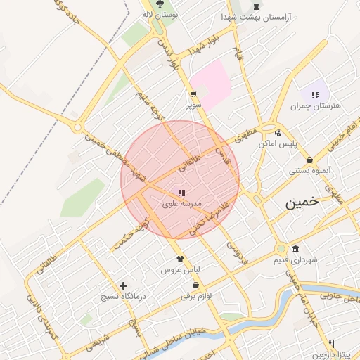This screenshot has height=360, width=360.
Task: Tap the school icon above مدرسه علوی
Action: click(181, 192)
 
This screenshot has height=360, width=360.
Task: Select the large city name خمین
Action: click(302, 202)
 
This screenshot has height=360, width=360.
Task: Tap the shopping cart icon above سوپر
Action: click(193, 94)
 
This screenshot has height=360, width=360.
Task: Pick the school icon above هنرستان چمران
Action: click(315, 94)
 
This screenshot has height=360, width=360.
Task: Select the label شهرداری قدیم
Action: click(295, 260)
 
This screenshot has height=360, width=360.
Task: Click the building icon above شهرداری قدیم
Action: click(295, 250)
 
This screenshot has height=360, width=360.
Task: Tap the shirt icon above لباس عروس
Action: click(181, 258)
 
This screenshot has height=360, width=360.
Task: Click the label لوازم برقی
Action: click(196, 296)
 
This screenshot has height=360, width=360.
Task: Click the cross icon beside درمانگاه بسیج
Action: click(124, 285)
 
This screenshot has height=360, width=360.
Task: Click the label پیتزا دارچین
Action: click(332, 354)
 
